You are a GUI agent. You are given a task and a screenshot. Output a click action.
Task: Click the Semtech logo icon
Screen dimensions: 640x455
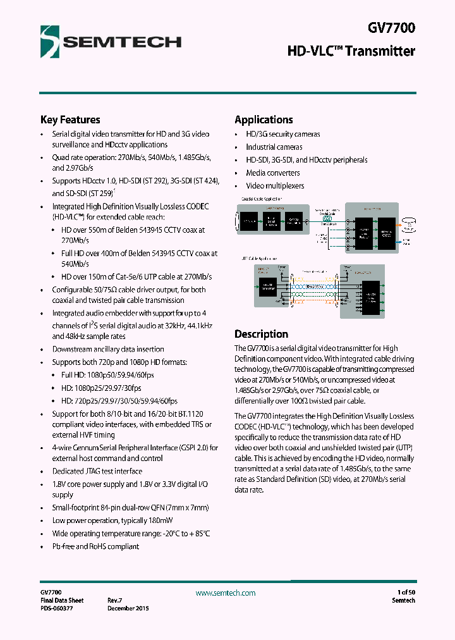click(49, 41)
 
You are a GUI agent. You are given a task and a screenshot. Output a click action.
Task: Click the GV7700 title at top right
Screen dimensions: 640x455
click(391, 28)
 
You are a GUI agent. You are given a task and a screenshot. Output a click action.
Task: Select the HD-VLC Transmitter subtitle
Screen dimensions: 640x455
click(351, 51)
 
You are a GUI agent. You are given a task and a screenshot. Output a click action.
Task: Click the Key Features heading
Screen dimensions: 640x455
click(70, 120)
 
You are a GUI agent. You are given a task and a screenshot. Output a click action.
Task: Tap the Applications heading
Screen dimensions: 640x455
click(264, 120)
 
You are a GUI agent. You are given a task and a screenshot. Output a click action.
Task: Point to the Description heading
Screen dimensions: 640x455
click(261, 334)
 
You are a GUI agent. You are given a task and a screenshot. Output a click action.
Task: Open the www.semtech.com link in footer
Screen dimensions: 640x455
click(226, 593)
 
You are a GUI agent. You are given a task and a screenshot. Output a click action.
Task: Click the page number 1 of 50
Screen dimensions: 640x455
click(402, 593)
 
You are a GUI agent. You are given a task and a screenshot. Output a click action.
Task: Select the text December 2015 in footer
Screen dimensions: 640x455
click(128, 608)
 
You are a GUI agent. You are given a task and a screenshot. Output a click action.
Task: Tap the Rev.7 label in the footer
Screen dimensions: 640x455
click(114, 600)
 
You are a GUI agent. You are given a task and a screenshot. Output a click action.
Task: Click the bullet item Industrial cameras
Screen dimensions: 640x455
click(274, 147)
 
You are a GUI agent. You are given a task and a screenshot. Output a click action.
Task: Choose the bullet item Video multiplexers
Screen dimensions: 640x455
click(275, 186)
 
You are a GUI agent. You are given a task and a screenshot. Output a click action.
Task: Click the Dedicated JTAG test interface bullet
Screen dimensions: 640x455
click(97, 471)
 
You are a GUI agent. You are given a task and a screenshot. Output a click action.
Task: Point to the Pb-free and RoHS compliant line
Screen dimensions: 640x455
click(95, 546)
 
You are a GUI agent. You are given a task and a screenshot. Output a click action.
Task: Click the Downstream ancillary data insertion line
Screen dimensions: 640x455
click(107, 349)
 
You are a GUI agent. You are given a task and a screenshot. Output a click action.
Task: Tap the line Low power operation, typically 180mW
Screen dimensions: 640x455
click(104, 520)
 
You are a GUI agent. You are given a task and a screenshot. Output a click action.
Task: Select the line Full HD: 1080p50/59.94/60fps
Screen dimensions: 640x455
click(107, 375)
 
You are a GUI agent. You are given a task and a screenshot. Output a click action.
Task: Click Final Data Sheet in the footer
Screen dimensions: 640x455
click(62, 600)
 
